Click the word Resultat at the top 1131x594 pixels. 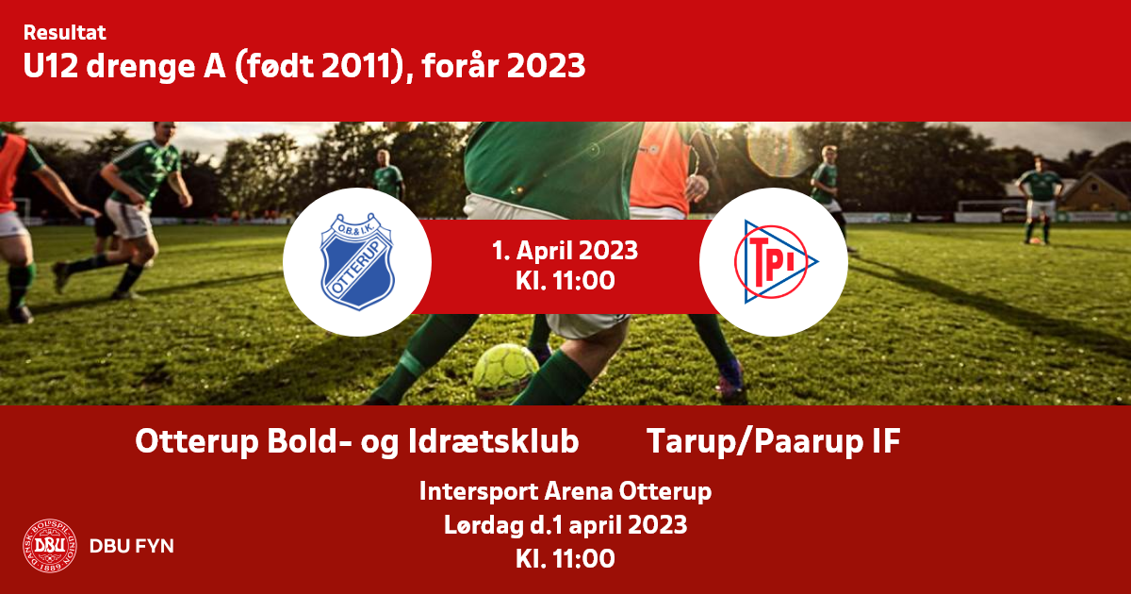pyautogui.click(x=65, y=33)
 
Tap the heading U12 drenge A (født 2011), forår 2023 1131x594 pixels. pyautogui.click(x=304, y=66)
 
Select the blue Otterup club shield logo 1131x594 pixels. pyautogui.click(x=357, y=261)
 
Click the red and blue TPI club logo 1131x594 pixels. pyautogui.click(x=776, y=262)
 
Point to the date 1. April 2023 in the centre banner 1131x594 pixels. pyautogui.click(x=565, y=251)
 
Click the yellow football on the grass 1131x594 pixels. pyautogui.click(x=505, y=371)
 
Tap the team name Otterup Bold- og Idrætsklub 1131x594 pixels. pyautogui.click(x=357, y=442)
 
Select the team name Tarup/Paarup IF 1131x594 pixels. pyautogui.click(x=774, y=442)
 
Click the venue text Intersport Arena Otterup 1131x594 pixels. pyautogui.click(x=565, y=491)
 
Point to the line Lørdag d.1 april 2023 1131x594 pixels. pyautogui.click(x=565, y=525)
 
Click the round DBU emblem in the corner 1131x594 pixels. pyautogui.click(x=49, y=546)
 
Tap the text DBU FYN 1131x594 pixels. pyautogui.click(x=132, y=546)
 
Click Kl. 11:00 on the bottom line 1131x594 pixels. pyautogui.click(x=565, y=558)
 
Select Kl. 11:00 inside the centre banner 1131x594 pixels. pyautogui.click(x=565, y=280)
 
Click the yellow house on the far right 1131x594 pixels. pyautogui.click(x=1095, y=192)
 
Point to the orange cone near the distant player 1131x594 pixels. pyautogui.click(x=1035, y=241)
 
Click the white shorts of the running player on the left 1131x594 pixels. pyautogui.click(x=130, y=218)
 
